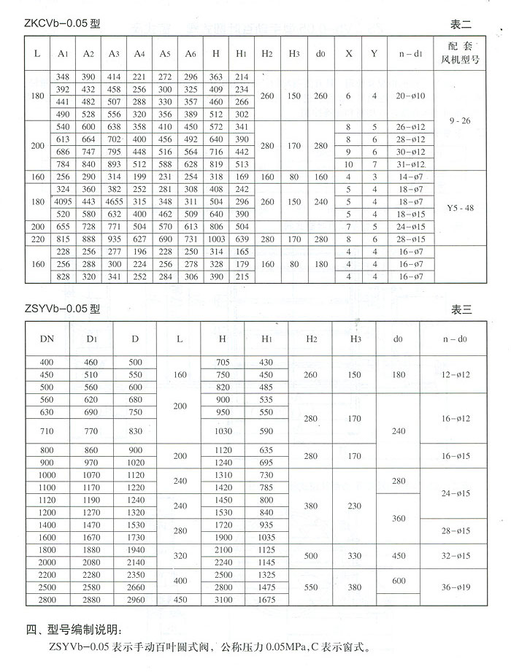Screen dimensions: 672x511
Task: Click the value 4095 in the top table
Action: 62,201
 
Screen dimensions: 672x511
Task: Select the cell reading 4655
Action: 114,201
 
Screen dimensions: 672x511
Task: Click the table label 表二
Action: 462,24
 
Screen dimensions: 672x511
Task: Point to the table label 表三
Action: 462,309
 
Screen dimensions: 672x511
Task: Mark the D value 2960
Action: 136,599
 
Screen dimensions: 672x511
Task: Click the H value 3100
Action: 223,599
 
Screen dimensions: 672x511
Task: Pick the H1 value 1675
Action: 266,599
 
